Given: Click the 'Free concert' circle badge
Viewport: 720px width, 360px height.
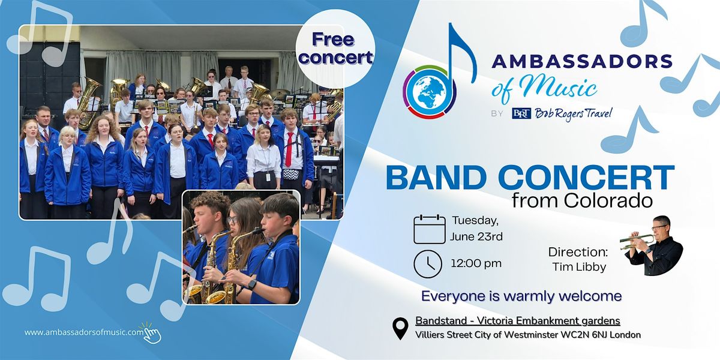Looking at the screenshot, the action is [x=335, y=49].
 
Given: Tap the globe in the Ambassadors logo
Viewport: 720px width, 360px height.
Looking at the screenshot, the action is [x=430, y=92].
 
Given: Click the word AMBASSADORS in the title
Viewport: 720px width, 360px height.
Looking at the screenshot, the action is [x=582, y=61].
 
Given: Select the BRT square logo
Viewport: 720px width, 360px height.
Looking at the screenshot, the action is [x=521, y=114].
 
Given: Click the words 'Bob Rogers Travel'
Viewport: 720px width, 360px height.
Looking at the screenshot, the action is [x=574, y=114].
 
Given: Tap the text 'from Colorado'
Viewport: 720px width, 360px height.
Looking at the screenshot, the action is [x=582, y=200].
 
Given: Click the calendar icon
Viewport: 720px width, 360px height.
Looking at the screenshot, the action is [x=430, y=229].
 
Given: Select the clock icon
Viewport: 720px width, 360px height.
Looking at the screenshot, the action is [x=428, y=264].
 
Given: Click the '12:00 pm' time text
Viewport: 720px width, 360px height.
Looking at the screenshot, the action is [x=476, y=263].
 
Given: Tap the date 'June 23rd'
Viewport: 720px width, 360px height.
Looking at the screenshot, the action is [x=476, y=237].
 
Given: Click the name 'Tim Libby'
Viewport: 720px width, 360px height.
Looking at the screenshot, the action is [x=579, y=267].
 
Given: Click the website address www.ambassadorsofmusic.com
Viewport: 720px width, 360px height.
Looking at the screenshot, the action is [x=84, y=332].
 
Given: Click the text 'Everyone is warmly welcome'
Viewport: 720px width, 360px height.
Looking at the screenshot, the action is [x=521, y=296].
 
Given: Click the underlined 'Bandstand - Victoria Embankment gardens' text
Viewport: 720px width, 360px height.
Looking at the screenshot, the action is [x=518, y=321].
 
